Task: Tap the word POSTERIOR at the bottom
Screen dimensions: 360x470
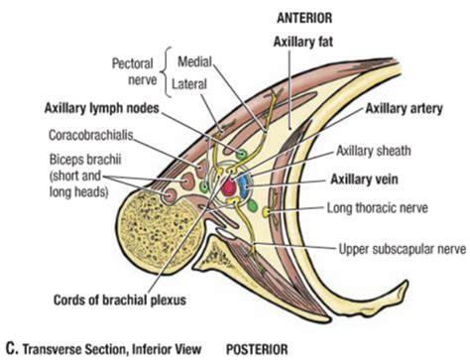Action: (261, 348)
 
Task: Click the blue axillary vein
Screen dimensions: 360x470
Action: (243, 180)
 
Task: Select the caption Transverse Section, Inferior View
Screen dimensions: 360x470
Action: (106, 348)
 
